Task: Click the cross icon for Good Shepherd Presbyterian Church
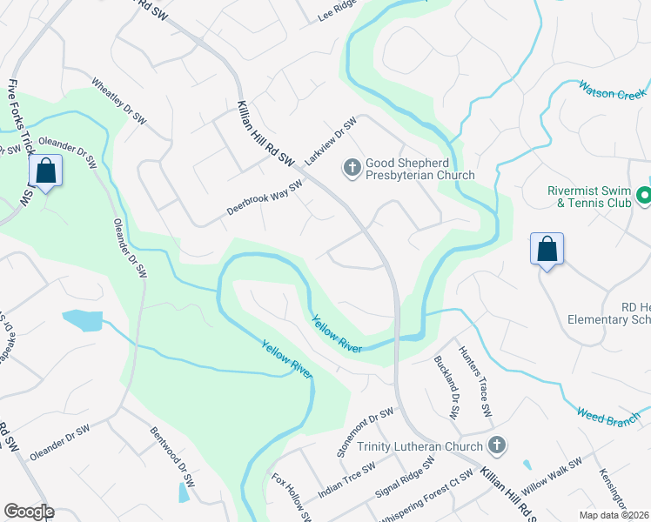[352, 167]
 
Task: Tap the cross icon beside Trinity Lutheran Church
[496, 446]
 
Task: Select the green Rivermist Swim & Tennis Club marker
[643, 197]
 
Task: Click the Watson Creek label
[613, 90]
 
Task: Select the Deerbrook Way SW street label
[264, 198]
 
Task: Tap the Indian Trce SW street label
[346, 480]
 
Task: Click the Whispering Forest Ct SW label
[426, 498]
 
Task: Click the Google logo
[29, 512]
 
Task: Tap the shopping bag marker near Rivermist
[547, 249]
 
